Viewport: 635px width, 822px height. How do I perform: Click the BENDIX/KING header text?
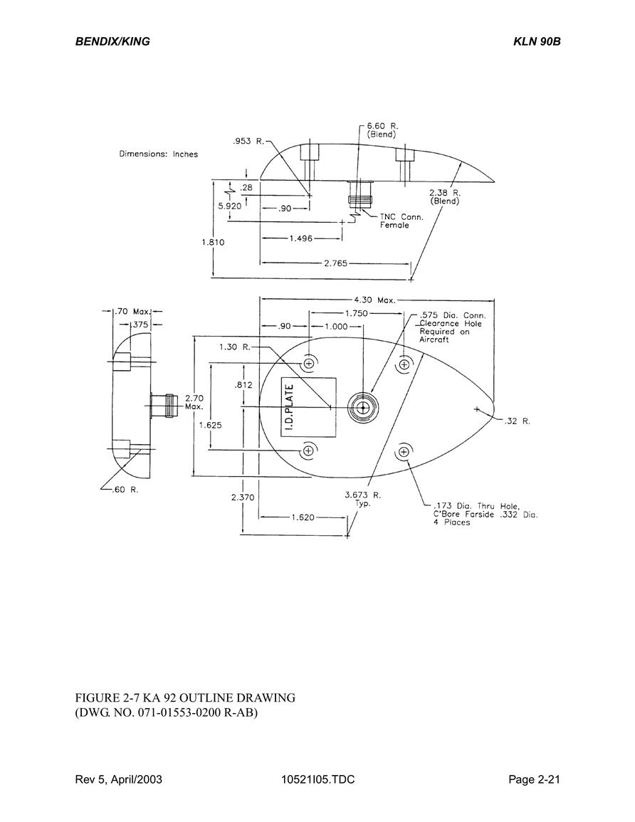pyautogui.click(x=112, y=41)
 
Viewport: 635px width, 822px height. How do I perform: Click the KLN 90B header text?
pyautogui.click(x=537, y=41)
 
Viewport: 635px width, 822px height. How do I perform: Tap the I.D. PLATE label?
pyautogui.click(x=290, y=407)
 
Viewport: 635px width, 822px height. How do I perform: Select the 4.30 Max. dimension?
pyautogui.click(x=374, y=300)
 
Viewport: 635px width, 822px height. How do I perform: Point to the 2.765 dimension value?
pyautogui.click(x=335, y=263)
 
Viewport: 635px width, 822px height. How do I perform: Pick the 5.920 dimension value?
pyautogui.click(x=230, y=206)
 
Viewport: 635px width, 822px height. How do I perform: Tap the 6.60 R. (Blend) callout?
pyautogui.click(x=382, y=130)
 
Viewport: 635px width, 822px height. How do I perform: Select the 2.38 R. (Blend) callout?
pyautogui.click(x=445, y=196)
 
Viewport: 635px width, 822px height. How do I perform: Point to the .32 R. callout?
pyautogui.click(x=518, y=421)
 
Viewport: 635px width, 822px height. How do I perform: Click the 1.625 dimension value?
pyautogui.click(x=210, y=425)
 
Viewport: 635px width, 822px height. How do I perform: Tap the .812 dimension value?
pyautogui.click(x=244, y=385)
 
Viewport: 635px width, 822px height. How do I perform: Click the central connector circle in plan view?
pyautogui.click(x=362, y=407)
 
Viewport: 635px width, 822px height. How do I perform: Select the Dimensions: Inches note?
pyautogui.click(x=158, y=154)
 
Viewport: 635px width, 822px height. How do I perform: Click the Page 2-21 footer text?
pyautogui.click(x=535, y=779)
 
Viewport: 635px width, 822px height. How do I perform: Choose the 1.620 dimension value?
pyautogui.click(x=303, y=517)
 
